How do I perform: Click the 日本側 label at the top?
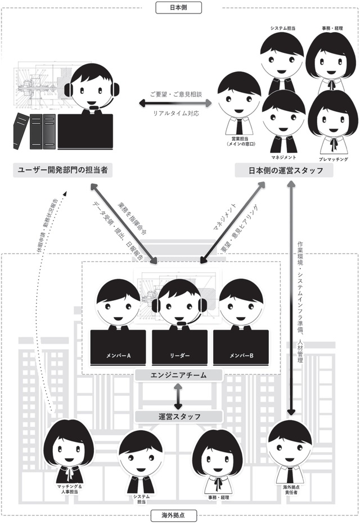[x=180, y=8]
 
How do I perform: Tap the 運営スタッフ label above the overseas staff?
[x=179, y=417]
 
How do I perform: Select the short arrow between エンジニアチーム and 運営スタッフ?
[x=179, y=396]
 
